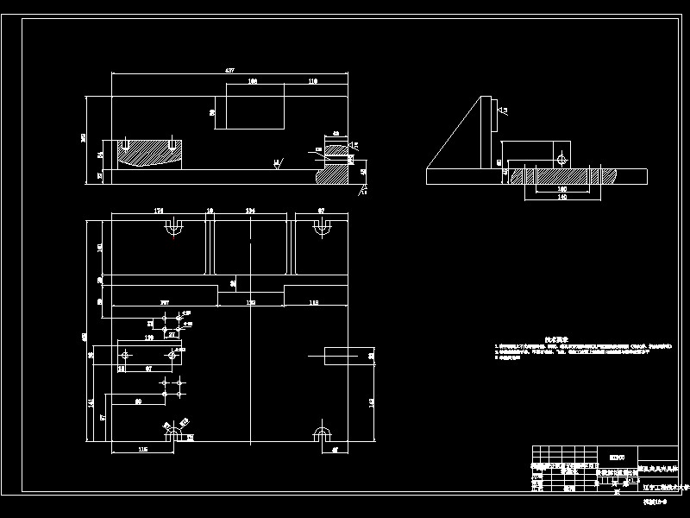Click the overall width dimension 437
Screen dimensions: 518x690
tap(229, 70)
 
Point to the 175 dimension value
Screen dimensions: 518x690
tap(158, 210)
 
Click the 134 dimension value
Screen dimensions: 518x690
tap(251, 210)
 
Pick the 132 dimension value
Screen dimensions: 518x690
tap(251, 302)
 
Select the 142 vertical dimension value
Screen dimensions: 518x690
tap(371, 402)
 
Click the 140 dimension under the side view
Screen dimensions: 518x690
tap(562, 198)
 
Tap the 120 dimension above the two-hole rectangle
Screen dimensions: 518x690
tap(148, 339)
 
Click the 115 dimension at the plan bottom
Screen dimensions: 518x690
tap(142, 450)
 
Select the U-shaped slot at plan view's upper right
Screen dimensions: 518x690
tap(323, 228)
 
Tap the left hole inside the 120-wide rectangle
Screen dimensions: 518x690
tap(128, 355)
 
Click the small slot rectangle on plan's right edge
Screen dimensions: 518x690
tap(341, 353)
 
